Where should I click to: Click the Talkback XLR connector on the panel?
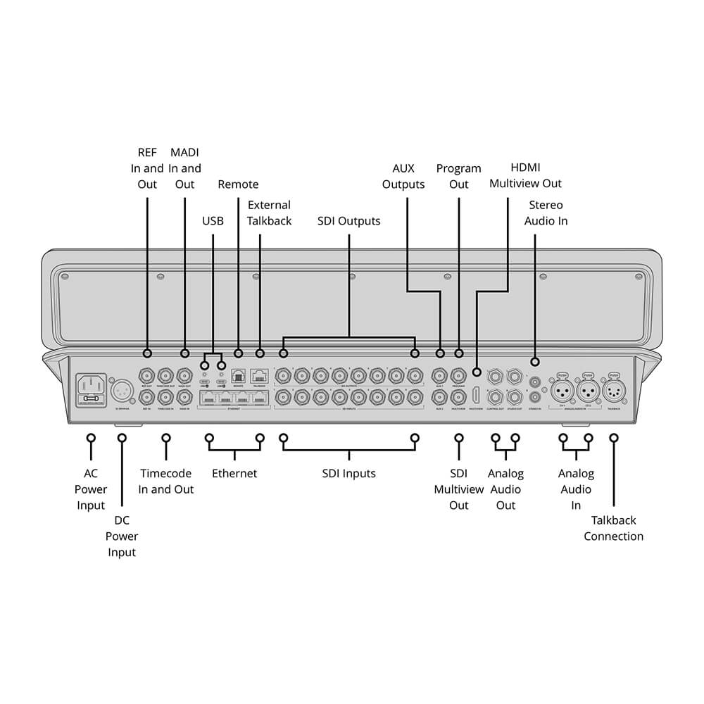614,389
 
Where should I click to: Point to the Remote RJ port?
238,376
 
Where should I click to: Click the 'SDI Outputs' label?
348,221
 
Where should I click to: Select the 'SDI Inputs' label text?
348,473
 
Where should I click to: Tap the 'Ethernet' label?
234,473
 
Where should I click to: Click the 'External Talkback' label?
269,213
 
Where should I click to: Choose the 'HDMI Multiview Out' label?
526,176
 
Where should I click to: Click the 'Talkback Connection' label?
613,528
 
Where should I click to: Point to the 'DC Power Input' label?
122,536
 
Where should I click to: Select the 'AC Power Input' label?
91,489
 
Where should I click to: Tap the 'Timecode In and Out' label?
166,481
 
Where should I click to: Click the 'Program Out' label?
458,176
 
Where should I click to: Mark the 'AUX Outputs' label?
403,176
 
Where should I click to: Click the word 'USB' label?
213,221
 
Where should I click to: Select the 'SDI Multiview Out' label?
458,489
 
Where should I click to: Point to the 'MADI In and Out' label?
184,168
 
